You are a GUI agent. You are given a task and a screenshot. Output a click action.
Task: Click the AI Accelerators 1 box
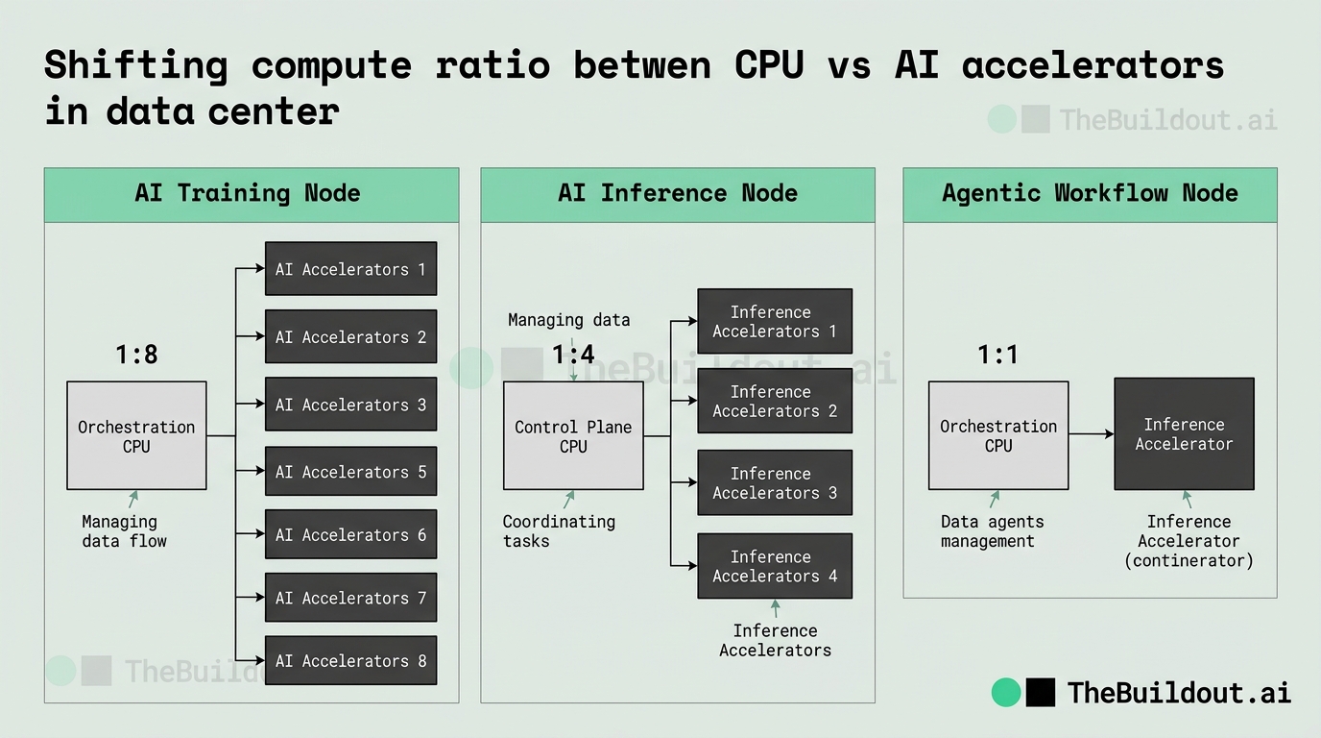(351, 269)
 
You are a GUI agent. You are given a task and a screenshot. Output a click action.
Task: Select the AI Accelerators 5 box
(351, 471)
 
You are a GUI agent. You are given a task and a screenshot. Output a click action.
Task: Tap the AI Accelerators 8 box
(351, 660)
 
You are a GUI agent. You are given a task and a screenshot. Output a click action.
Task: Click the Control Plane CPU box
(573, 435)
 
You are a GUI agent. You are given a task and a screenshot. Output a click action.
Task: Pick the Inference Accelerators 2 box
(775, 401)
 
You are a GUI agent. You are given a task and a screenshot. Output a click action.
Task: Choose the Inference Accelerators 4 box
(775, 566)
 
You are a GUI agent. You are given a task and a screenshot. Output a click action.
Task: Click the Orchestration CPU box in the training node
(137, 435)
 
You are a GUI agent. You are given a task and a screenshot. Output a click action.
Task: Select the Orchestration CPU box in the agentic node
(998, 435)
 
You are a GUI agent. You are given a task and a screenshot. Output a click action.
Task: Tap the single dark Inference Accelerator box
(1184, 434)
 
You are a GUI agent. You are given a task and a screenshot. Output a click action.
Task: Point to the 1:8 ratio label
(137, 355)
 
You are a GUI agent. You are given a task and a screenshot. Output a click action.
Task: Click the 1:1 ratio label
(997, 355)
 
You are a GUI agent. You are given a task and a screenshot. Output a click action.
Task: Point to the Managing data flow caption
(124, 531)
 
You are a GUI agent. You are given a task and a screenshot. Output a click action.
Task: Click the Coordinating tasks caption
(559, 531)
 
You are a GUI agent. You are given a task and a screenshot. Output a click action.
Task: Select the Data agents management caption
(992, 531)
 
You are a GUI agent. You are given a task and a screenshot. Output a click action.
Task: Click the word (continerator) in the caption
(1189, 560)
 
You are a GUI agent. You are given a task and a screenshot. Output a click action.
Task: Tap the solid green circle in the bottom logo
(1006, 693)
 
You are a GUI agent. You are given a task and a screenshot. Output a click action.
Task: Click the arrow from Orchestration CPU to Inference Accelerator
(1091, 434)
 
